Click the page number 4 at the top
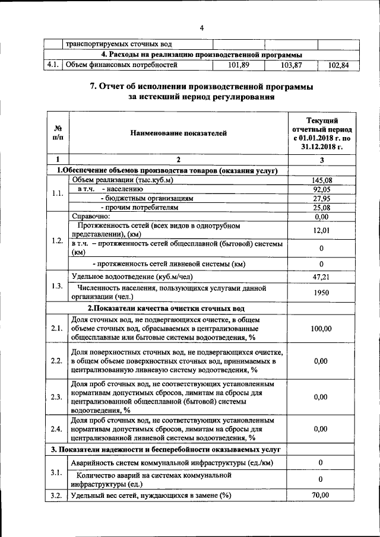[x=201, y=28]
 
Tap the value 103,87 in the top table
[x=290, y=65]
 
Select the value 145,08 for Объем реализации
[x=321, y=180]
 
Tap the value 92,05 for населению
[x=321, y=189]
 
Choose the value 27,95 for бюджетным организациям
[x=321, y=199]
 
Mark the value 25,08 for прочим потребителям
[x=321, y=208]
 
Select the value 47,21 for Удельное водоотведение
[x=321, y=277]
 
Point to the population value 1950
[x=321, y=293]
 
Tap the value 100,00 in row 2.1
[x=321, y=328]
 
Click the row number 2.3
[x=57, y=397]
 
